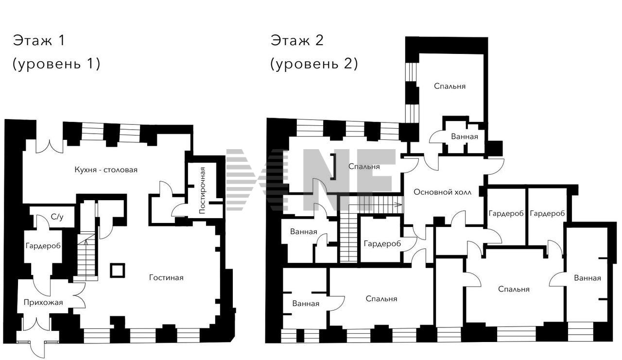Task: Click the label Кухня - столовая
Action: pyautogui.click(x=106, y=170)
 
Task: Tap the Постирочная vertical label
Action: pyautogui.click(x=202, y=190)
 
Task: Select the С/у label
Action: pyautogui.click(x=57, y=217)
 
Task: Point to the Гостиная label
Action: pyautogui.click(x=166, y=277)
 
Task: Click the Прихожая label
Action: pyautogui.click(x=43, y=302)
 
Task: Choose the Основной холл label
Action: pyautogui.click(x=443, y=192)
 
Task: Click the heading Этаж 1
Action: pyautogui.click(x=39, y=40)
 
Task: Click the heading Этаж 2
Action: pyautogui.click(x=297, y=40)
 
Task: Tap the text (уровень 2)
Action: pyautogui.click(x=314, y=64)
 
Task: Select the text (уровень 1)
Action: pyautogui.click(x=56, y=64)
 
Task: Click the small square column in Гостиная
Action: pyautogui.click(x=118, y=270)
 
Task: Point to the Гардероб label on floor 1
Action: pyautogui.click(x=43, y=246)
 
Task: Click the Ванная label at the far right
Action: pyautogui.click(x=587, y=278)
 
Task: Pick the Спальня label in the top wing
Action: pyautogui.click(x=450, y=86)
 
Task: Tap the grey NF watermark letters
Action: pyautogui.click(x=348, y=180)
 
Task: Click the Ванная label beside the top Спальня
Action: pyautogui.click(x=465, y=137)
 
